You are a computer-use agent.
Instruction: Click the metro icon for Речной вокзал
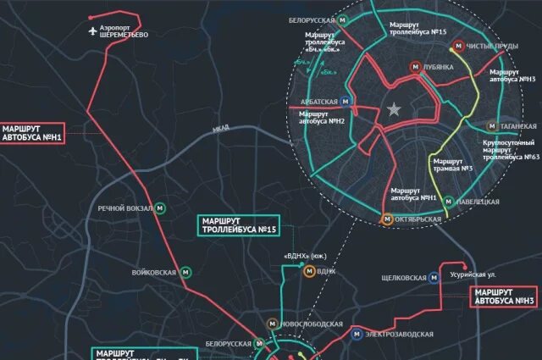pyautogui.click(x=163, y=208)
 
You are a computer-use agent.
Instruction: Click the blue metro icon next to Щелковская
pyautogui.click(x=434, y=275)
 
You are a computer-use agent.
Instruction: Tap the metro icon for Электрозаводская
pyautogui.click(x=357, y=334)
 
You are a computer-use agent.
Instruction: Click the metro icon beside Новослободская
pyautogui.click(x=271, y=324)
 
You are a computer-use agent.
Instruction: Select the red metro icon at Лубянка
pyautogui.click(x=415, y=66)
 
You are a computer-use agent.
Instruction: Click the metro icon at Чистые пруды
pyautogui.click(x=456, y=47)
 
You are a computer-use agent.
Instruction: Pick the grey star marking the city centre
pyautogui.click(x=394, y=109)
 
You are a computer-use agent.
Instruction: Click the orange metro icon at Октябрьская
pyautogui.click(x=388, y=219)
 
